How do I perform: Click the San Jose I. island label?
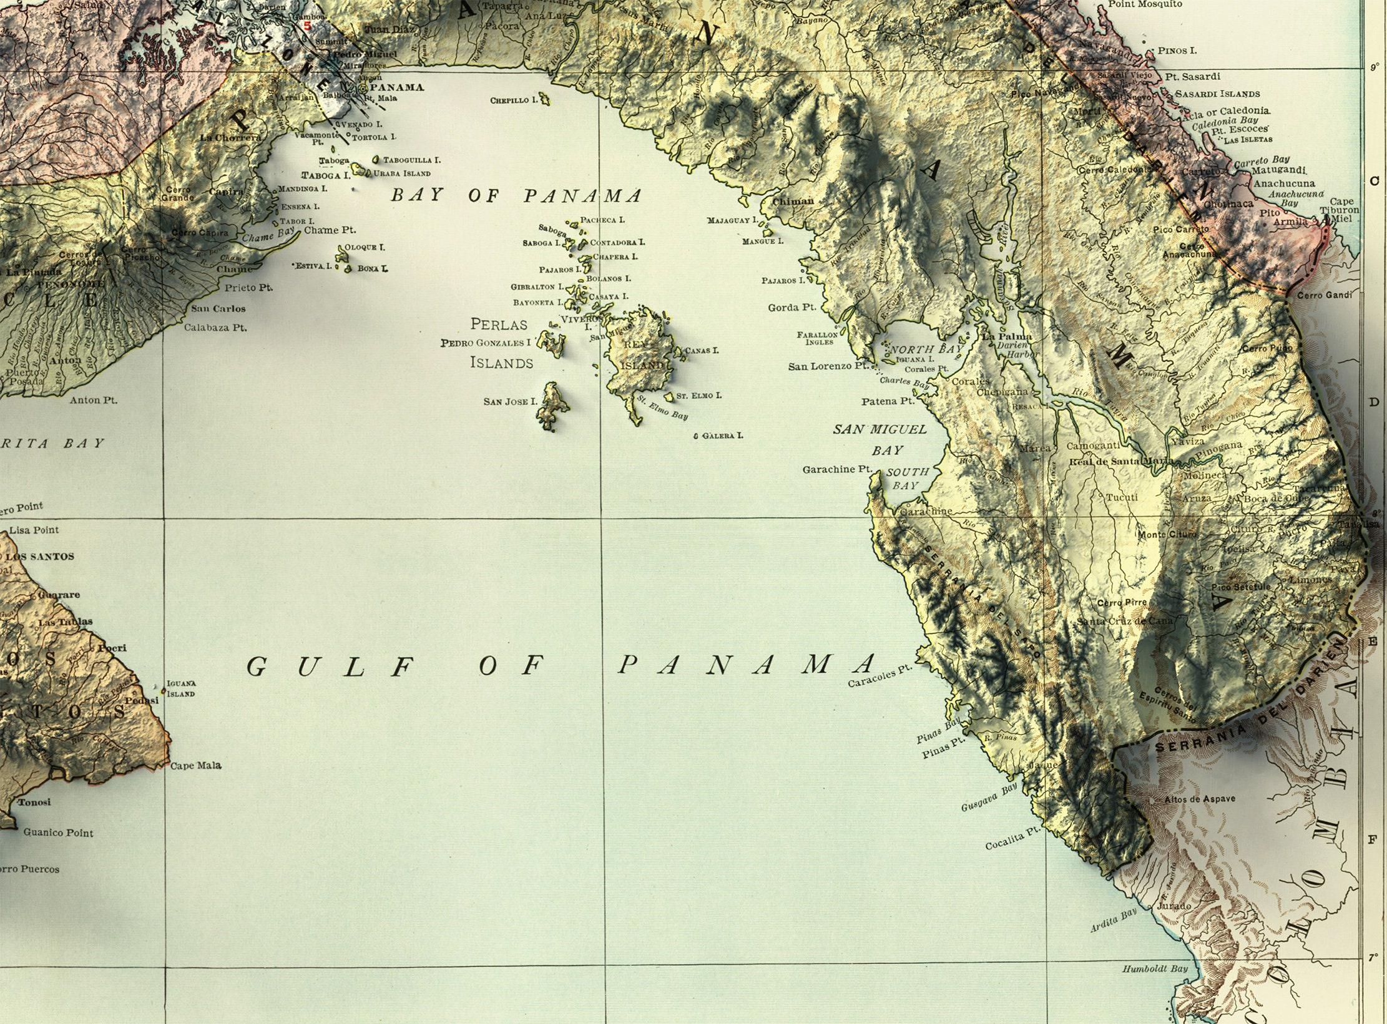[x=510, y=401]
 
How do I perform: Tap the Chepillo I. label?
[x=513, y=100]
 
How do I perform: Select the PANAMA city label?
[x=396, y=87]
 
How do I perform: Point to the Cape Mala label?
[x=196, y=765]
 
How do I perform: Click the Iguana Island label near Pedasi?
[x=181, y=688]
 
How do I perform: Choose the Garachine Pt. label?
[x=836, y=469]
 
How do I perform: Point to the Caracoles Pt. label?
[x=880, y=676]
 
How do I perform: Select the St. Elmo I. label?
[x=699, y=396]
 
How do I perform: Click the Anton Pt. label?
[x=94, y=400]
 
